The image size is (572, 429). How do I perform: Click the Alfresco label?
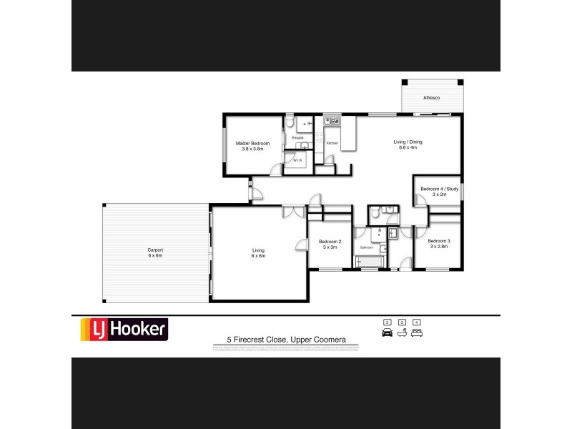pos(430,97)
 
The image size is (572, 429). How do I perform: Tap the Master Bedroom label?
pos(252,144)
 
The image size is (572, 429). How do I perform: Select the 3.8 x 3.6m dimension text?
pos(252,149)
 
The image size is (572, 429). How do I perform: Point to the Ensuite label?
pos(297,137)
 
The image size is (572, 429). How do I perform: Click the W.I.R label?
pos(297,161)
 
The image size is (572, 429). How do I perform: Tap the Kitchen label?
pos(332,144)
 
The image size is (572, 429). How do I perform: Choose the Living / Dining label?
pos(408,142)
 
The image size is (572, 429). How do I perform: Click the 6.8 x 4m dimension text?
pos(408,147)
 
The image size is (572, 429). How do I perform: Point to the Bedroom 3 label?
pos(438,241)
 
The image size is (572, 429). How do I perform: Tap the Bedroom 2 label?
pos(330,241)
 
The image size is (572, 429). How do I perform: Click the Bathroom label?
pos(367,247)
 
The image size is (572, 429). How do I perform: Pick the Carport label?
pos(155,250)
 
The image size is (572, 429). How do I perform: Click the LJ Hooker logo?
pos(123,329)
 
